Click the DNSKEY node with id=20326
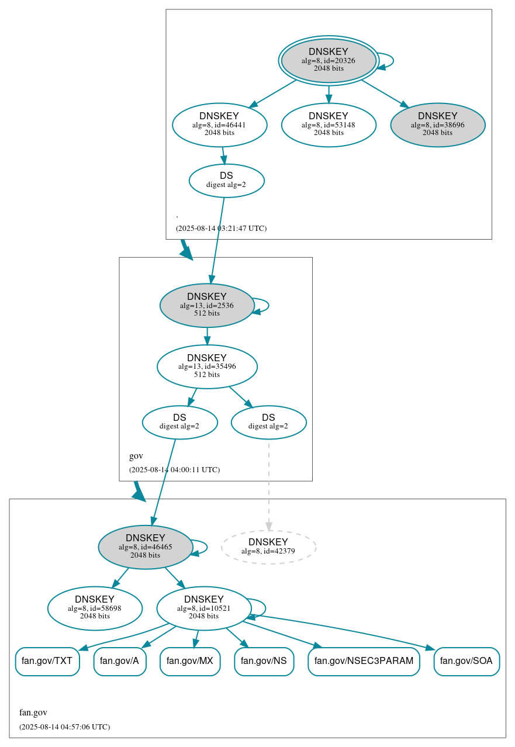[329, 60]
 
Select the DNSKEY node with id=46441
[220, 124]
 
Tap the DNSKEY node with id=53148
[329, 124]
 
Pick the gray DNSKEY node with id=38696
[438, 124]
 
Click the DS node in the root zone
[227, 181]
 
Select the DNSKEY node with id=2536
[207, 305]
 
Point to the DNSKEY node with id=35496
[207, 366]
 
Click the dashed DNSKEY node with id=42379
[269, 547]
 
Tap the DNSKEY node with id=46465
[146, 547]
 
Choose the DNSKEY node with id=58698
[95, 608]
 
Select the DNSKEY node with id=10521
[204, 608]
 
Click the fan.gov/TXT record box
[47, 662]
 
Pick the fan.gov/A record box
[119, 662]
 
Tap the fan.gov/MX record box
[190, 662]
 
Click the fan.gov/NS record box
[264, 662]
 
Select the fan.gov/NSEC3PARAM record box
[364, 662]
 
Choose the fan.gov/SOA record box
[466, 662]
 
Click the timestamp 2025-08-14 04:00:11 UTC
[174, 469]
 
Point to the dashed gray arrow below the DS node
[269, 485]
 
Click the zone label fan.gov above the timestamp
[33, 713]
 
